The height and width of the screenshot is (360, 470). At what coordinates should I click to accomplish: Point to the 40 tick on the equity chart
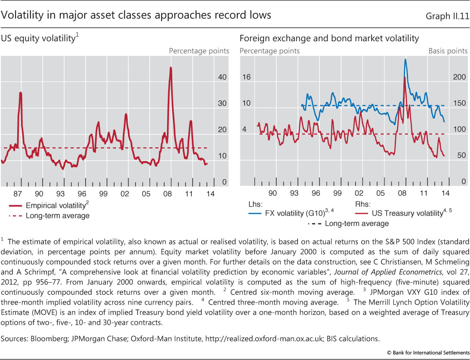click(x=222, y=78)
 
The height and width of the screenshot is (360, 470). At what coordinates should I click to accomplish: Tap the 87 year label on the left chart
click(x=18, y=194)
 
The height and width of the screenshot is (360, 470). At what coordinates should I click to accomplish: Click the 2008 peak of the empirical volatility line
click(x=171, y=68)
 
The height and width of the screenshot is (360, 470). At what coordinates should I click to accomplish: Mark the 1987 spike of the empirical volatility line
click(x=20, y=93)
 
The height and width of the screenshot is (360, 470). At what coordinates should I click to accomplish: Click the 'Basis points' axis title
click(x=448, y=51)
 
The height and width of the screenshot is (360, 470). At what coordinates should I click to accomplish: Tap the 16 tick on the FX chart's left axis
click(x=246, y=78)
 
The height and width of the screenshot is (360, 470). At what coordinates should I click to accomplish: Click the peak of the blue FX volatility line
click(x=405, y=59)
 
